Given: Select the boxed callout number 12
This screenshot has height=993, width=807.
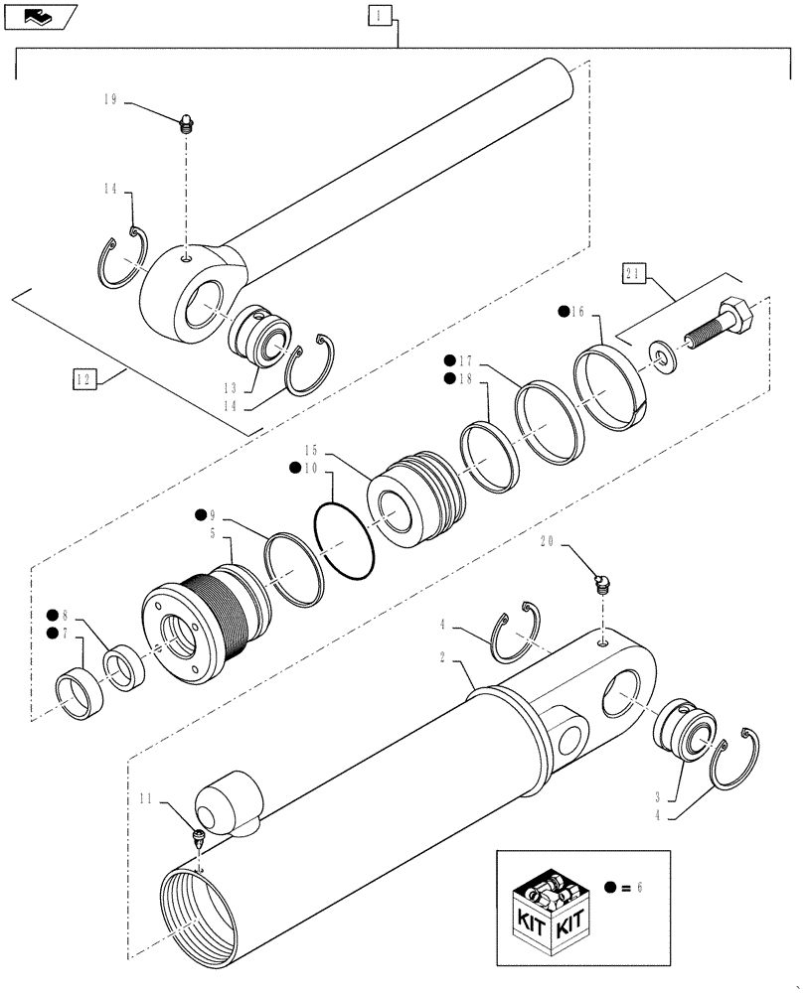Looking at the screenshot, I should click(x=83, y=378).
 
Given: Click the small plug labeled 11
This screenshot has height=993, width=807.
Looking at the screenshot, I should click(x=199, y=835).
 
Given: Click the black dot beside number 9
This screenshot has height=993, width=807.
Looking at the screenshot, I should click(x=201, y=514).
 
